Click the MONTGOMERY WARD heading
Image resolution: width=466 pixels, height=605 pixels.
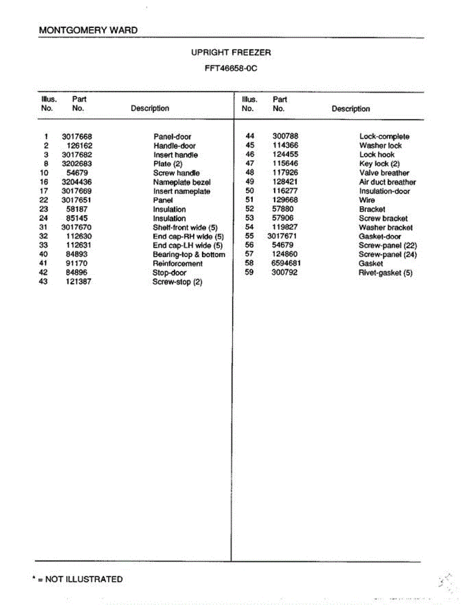pos(88,30)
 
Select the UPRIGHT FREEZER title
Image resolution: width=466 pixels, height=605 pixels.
pos(231,52)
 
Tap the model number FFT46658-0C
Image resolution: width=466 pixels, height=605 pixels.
pos(231,68)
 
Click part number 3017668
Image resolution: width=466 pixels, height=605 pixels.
pos(77,137)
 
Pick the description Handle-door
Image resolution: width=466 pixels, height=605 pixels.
pos(174,146)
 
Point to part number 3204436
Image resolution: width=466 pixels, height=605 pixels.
pos(77,182)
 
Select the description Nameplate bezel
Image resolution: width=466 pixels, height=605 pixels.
pos(182,182)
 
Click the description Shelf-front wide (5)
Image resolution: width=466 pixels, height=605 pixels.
pos(185,228)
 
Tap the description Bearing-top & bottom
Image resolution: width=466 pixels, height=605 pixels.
pos(189,255)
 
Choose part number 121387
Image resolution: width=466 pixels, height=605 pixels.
pos(79,282)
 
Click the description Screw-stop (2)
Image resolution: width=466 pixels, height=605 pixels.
pos(177,282)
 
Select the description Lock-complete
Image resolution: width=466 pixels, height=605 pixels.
pos(384,137)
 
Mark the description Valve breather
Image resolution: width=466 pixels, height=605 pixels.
pos(384,173)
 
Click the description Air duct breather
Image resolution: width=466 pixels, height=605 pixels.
pos(387,182)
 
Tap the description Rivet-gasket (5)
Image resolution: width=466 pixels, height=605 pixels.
pos(385,273)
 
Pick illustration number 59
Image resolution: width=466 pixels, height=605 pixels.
pos(249,273)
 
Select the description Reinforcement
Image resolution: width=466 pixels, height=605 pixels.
pos(177,264)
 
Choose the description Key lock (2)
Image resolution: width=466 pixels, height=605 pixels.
pos(379,164)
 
